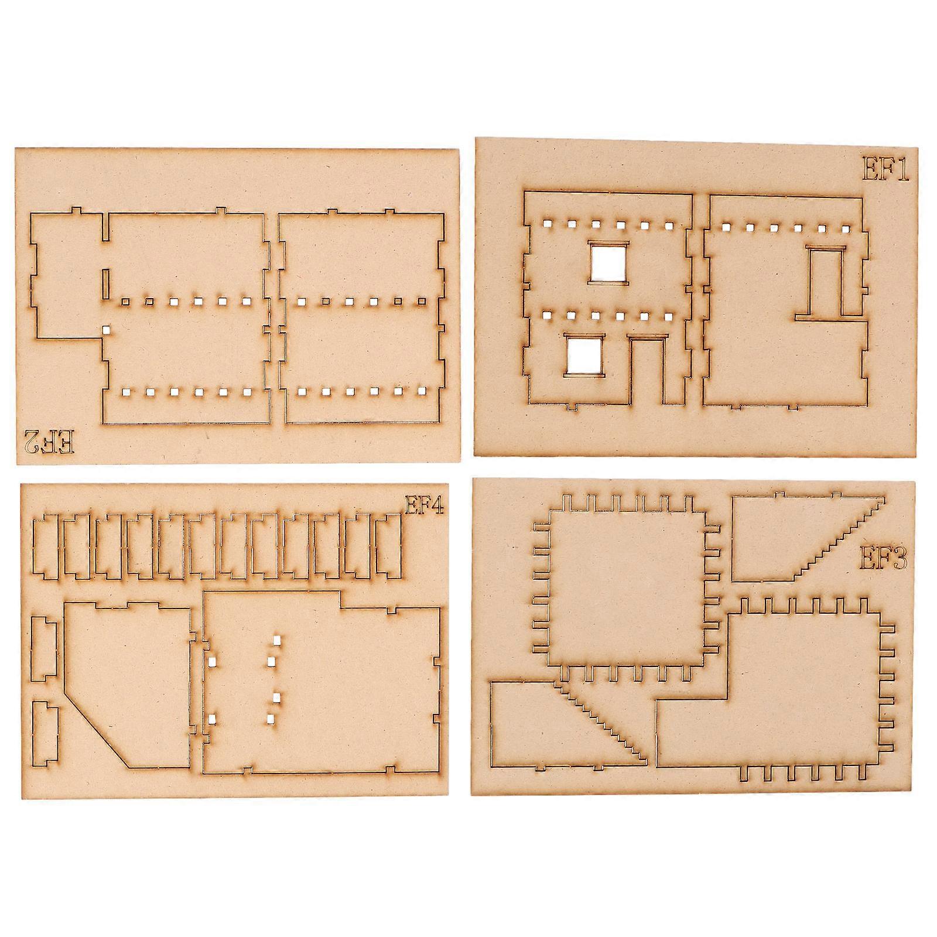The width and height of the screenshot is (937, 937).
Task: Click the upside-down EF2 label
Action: (x=50, y=441)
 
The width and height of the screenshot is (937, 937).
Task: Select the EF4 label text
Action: (x=425, y=504)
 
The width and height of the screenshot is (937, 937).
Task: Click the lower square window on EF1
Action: (x=584, y=355)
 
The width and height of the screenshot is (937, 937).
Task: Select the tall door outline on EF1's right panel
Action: (x=826, y=282)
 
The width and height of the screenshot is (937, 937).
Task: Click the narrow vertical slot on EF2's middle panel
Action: (x=105, y=283)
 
